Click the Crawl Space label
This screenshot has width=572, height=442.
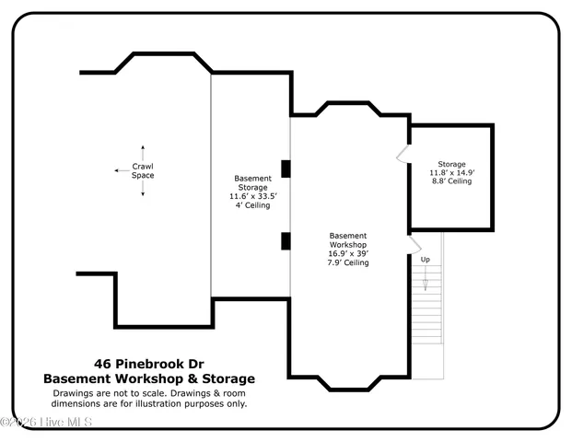pos(143,170)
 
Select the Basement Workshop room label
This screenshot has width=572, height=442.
pos(348,240)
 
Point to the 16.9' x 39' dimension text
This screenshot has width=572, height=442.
pos(348,253)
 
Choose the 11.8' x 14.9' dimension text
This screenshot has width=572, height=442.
pos(451,172)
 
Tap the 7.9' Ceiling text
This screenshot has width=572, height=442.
pos(348,262)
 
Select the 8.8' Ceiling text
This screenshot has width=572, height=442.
pos(451,181)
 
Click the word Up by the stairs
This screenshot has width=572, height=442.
pos(426,260)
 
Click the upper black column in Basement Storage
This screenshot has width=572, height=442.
pos(286,169)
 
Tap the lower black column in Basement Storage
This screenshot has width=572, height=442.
pos(286,241)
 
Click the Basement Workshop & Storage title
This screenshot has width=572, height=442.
pos(149,378)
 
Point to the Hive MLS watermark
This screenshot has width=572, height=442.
pos(46,423)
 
